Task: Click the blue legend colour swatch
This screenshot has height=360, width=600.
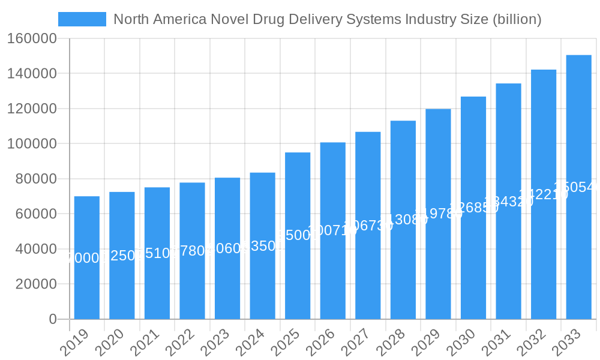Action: pyautogui.click(x=82, y=19)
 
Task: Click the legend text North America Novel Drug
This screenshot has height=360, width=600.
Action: pyautogui.click(x=327, y=19)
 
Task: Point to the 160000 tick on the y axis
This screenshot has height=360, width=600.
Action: pyautogui.click(x=31, y=39)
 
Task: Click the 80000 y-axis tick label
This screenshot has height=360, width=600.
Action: pyautogui.click(x=36, y=179)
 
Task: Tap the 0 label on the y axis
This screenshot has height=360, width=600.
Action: pyautogui.click(x=52, y=319)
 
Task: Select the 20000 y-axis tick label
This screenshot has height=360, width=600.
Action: pyautogui.click(x=36, y=284)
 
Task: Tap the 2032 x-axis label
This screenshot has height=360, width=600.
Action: pyautogui.click(x=531, y=343)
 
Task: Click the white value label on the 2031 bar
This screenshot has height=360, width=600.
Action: pyautogui.click(x=508, y=202)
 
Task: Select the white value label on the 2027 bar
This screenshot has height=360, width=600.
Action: pyautogui.click(x=368, y=225)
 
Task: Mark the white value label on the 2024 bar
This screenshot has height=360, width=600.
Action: pyautogui.click(x=262, y=246)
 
